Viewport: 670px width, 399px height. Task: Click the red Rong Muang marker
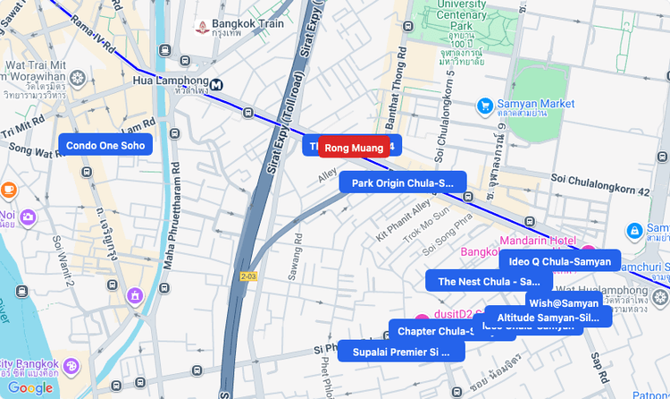tap(354, 147)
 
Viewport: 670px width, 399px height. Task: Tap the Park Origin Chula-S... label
tap(402, 183)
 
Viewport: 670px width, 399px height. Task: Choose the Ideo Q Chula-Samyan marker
tap(559, 261)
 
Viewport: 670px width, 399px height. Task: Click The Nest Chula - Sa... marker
tap(488, 281)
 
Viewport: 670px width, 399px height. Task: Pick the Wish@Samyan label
tap(563, 303)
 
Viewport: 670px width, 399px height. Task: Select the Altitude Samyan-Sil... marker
tap(548, 318)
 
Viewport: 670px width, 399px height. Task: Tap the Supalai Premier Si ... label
tap(401, 352)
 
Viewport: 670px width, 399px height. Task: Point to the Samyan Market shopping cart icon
tap(484, 105)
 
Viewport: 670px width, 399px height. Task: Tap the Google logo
tap(30, 387)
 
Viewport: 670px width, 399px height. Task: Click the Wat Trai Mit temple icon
tap(80, 78)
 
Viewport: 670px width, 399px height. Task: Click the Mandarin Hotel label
tap(536, 240)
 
